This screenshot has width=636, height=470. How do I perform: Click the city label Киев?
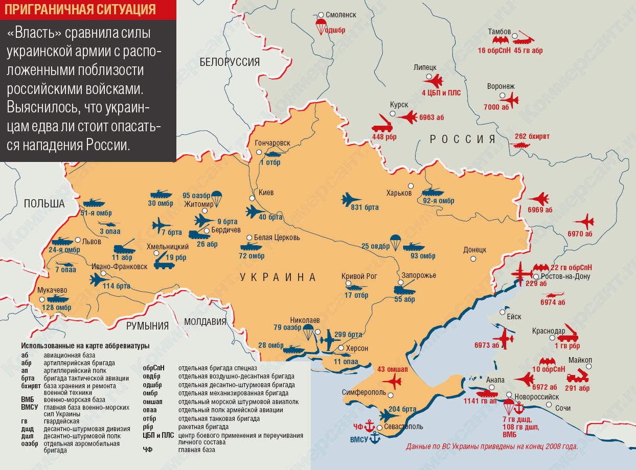tap(266, 193)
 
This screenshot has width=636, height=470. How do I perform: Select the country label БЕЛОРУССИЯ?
tap(230, 62)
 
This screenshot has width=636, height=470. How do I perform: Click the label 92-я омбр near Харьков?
tap(438, 201)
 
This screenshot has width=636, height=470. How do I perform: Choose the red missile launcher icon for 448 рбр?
tap(382, 123)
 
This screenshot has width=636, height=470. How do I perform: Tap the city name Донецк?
tap(474, 250)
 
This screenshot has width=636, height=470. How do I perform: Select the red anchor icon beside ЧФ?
tap(369, 427)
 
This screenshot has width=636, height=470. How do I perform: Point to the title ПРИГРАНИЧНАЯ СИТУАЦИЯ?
tap(84, 9)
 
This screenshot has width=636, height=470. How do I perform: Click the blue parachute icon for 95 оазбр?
tap(216, 198)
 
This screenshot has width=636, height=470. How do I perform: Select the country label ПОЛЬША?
tap(44, 204)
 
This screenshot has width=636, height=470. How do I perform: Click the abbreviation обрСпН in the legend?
tap(154, 368)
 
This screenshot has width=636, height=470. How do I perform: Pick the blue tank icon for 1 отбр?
tap(270, 153)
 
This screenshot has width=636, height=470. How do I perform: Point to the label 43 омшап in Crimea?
tap(393, 369)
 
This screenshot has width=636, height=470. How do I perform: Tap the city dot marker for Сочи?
tap(549, 405)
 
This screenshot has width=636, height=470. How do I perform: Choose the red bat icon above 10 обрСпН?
tap(548, 361)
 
